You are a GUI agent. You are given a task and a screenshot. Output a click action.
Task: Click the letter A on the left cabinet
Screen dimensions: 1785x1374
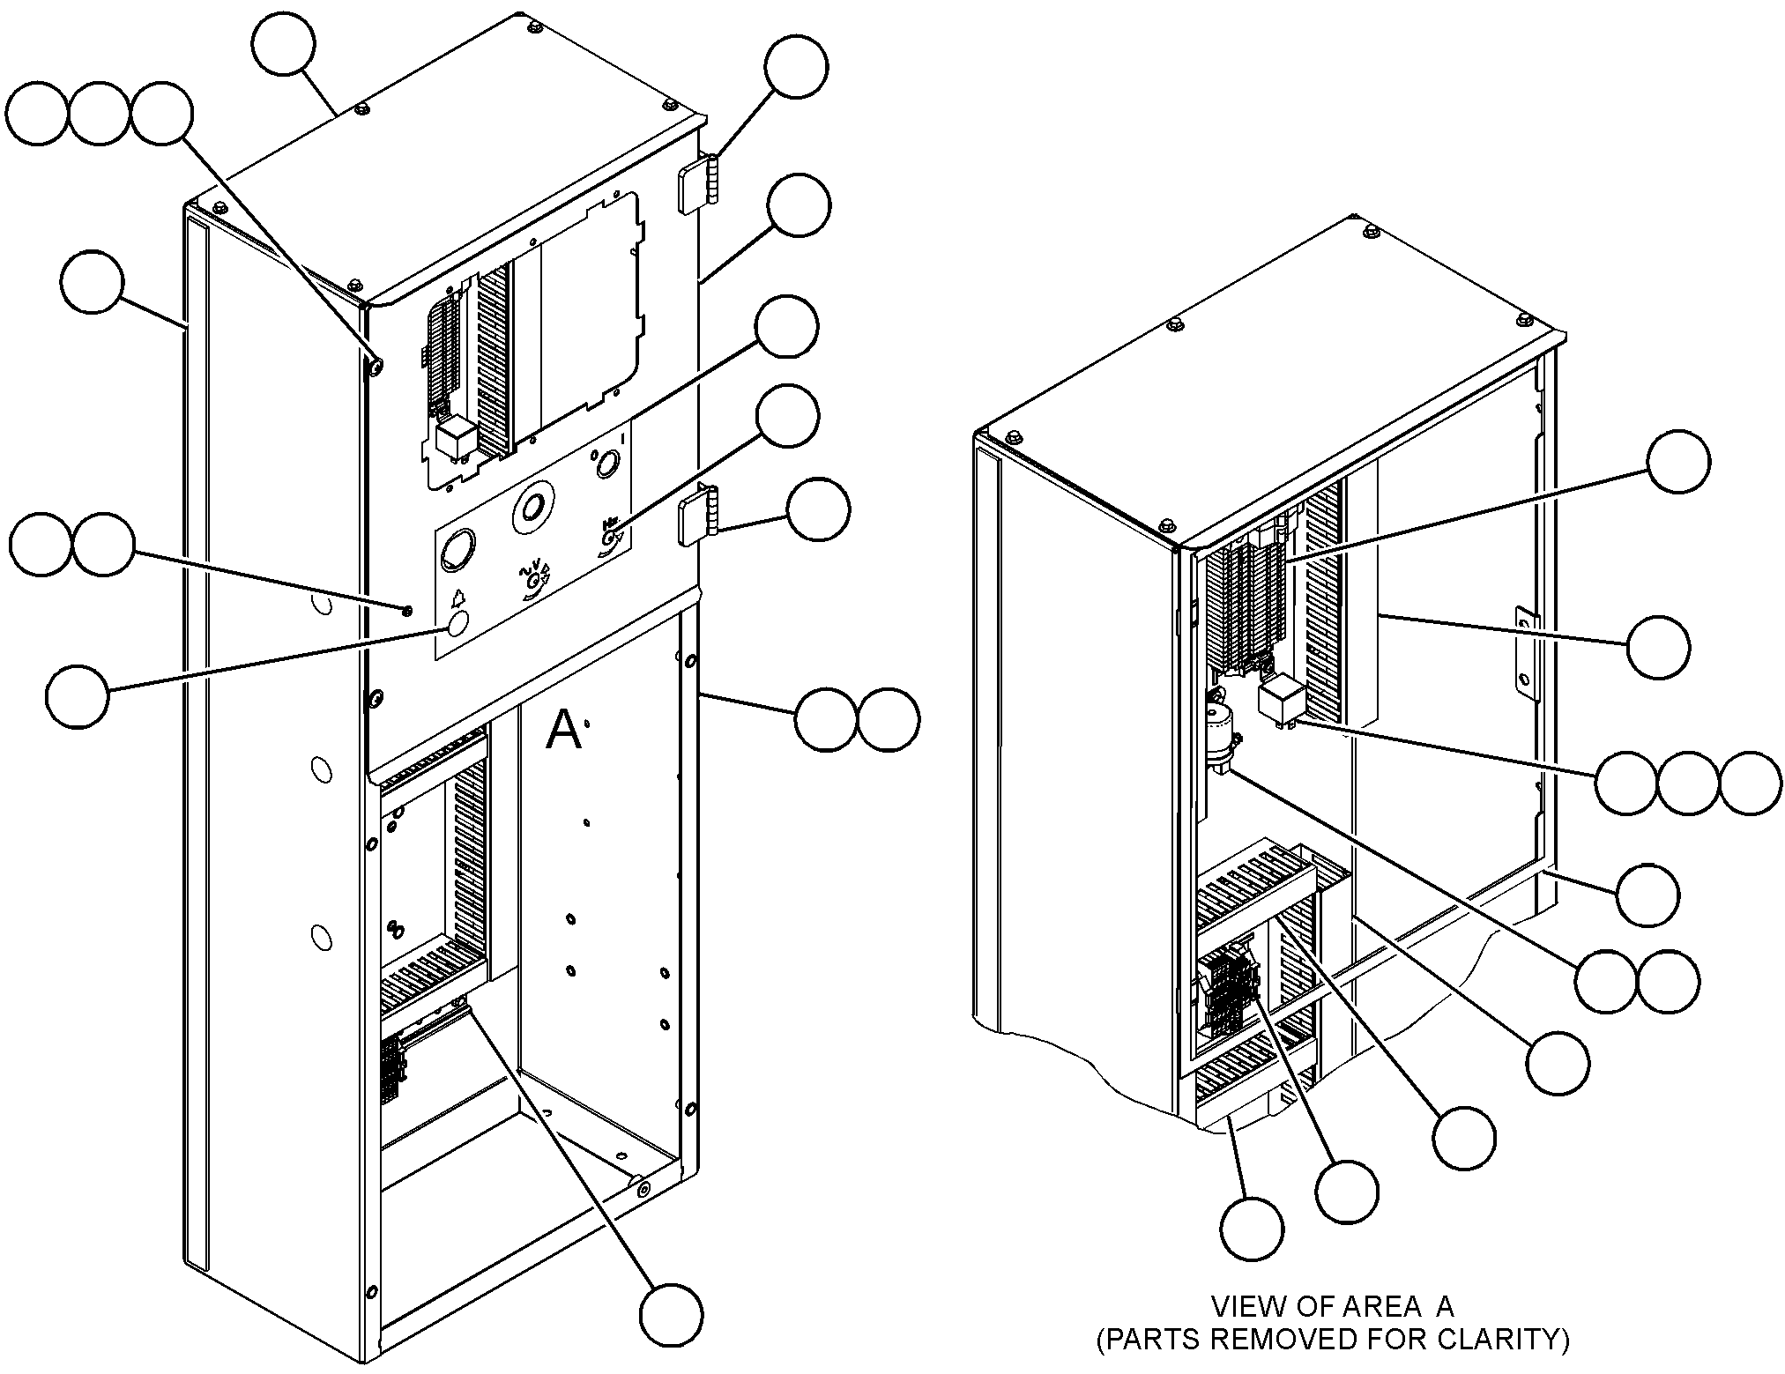coord(563,731)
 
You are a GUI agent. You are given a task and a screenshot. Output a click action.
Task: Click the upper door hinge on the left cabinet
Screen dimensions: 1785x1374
coord(697,183)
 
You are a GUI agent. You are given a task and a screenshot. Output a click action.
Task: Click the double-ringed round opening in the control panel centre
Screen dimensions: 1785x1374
coord(532,507)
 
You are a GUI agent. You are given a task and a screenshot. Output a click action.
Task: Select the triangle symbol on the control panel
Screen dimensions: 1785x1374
coord(458,598)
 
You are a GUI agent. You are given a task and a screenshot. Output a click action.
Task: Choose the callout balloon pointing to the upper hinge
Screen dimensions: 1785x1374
coord(796,66)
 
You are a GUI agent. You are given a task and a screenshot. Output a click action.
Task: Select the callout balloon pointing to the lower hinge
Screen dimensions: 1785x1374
coord(818,509)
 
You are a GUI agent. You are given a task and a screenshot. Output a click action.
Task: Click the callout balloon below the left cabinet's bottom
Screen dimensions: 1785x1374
coord(671,1315)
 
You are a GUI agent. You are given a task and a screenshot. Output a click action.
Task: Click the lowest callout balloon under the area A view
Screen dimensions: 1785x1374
coord(1252,1229)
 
